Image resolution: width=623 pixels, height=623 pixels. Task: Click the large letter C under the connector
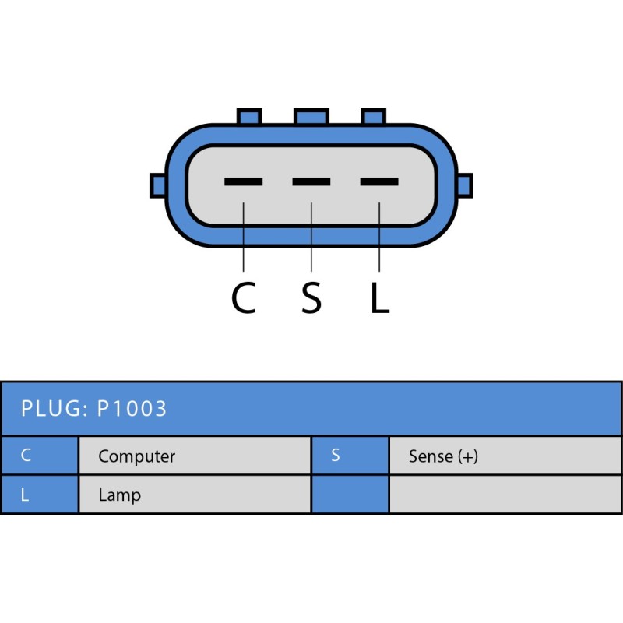(x=244, y=297)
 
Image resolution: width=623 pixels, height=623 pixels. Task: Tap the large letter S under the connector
(x=311, y=297)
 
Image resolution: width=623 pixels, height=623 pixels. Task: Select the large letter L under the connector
(x=379, y=297)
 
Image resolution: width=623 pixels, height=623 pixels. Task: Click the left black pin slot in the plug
(x=243, y=182)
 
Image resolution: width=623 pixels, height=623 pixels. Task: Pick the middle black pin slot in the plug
(x=311, y=182)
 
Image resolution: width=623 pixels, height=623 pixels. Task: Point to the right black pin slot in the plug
(x=379, y=182)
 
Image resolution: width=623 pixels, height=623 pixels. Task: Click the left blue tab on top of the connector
(x=249, y=117)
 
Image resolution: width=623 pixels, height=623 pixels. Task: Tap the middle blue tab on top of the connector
(x=311, y=117)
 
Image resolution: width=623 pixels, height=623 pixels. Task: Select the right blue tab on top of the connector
(x=373, y=117)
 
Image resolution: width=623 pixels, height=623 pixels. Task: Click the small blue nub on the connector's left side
(x=158, y=185)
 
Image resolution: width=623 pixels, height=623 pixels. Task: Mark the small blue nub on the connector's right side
(x=465, y=185)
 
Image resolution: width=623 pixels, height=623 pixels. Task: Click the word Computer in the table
(x=136, y=456)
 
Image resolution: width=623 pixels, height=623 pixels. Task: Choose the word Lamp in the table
(x=119, y=495)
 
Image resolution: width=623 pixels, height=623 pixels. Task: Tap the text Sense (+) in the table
(x=443, y=456)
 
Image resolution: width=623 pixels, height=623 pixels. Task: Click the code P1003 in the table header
(x=132, y=408)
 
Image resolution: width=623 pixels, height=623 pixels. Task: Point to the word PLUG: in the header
(x=54, y=408)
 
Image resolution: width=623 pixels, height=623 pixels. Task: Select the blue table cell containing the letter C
(x=39, y=456)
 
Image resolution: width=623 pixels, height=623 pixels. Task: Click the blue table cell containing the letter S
(x=350, y=456)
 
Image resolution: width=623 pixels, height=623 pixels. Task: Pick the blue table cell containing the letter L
(x=39, y=495)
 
